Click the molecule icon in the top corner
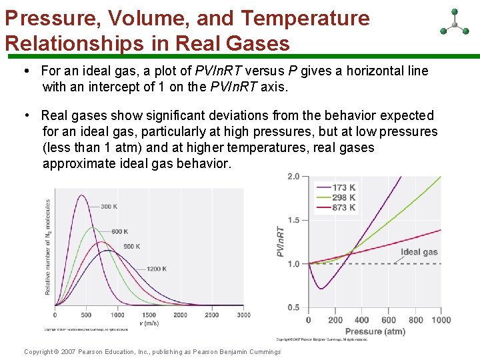455,23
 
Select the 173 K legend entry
343,187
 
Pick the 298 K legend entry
343,197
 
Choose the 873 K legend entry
343,207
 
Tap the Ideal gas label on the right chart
419,252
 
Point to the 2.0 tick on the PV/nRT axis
293,177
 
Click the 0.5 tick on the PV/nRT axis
293,307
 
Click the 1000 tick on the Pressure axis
440,320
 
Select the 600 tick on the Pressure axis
388,320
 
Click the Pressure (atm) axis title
375,331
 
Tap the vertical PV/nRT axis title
281,242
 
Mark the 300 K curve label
109,207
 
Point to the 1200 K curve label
157,269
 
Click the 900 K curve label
131,247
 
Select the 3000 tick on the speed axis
243,315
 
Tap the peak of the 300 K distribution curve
81,195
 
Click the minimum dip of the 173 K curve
321,289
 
